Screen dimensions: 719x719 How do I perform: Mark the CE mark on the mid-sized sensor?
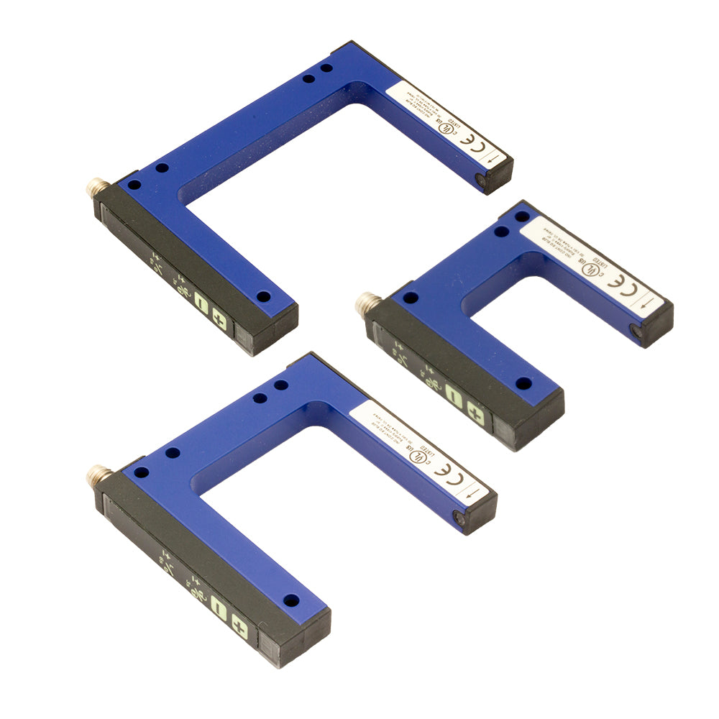(x=448, y=477)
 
